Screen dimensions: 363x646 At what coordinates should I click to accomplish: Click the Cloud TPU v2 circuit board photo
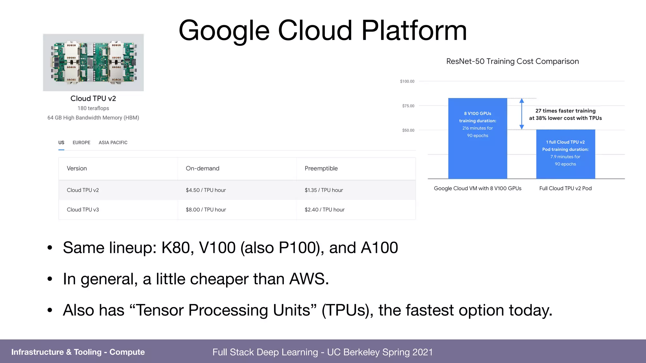click(x=93, y=62)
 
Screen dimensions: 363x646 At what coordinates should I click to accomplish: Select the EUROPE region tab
click(x=81, y=143)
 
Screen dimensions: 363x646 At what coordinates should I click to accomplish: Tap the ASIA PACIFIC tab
click(x=113, y=143)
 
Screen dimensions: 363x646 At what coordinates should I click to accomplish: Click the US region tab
click(x=61, y=143)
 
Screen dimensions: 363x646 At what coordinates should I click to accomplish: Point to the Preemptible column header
click(x=321, y=169)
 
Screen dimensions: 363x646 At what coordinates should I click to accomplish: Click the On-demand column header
click(x=203, y=169)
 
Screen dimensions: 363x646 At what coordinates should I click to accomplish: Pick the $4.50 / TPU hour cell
click(x=206, y=190)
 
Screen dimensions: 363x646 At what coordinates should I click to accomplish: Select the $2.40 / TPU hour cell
click(x=325, y=210)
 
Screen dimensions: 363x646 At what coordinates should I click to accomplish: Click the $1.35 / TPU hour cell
click(x=324, y=190)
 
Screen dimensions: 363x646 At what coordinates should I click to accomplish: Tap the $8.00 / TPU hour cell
click(x=206, y=210)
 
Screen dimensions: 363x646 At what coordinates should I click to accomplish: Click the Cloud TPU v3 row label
click(x=83, y=210)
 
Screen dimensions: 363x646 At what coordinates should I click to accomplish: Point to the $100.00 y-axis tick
click(x=407, y=82)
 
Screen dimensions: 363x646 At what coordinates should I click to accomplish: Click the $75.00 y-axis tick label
click(x=408, y=106)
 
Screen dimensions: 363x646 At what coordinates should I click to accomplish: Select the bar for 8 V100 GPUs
click(x=478, y=151)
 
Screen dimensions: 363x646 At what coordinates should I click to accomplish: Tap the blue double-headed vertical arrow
click(x=522, y=114)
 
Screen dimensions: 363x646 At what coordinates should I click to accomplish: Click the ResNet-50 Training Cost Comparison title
click(x=513, y=61)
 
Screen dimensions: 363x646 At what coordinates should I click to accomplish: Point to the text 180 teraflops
click(x=93, y=108)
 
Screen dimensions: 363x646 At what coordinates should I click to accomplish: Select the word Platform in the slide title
click(x=414, y=31)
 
